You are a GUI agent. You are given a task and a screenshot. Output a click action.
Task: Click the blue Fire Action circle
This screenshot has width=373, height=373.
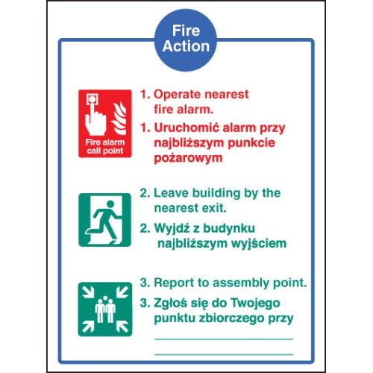[x=186, y=40]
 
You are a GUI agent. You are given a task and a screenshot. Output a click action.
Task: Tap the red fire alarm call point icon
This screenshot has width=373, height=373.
[x=105, y=124]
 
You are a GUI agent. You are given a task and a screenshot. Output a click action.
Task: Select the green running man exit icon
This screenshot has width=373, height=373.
[x=104, y=220]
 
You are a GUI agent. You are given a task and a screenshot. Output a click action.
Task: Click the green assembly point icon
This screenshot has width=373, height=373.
[x=105, y=309]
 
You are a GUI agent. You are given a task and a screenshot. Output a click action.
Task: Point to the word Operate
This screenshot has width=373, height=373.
[x=177, y=95]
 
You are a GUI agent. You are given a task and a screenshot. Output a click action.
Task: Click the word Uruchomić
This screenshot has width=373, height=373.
[x=186, y=128]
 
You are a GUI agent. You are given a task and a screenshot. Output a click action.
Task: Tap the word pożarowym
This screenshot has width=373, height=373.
[x=188, y=159]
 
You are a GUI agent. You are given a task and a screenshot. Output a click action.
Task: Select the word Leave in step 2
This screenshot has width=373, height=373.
[x=171, y=193]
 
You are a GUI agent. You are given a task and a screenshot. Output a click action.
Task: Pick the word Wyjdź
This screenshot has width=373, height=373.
[x=172, y=229]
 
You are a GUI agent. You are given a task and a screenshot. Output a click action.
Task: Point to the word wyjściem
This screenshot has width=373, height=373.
[x=259, y=244]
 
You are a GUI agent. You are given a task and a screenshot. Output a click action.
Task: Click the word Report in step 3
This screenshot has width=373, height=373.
[x=174, y=283]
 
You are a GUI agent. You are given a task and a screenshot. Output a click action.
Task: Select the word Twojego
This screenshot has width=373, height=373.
[x=255, y=304]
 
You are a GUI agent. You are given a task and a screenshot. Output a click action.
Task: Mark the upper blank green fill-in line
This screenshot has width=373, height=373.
[x=224, y=339]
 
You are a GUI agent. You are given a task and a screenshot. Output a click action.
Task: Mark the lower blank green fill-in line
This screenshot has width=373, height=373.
[x=224, y=354]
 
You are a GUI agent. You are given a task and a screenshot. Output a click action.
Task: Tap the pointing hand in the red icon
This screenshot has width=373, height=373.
[x=95, y=119]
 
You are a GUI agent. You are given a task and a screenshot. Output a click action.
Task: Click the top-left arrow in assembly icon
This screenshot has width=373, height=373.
[x=88, y=292]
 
